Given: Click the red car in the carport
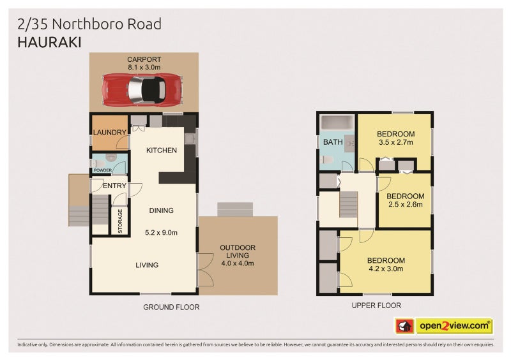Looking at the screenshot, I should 142,89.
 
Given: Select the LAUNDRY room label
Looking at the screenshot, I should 109,132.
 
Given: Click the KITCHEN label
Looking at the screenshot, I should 161,151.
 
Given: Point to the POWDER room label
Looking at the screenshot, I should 102,170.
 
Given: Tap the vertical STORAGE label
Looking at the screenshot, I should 119,221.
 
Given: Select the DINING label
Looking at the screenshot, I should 161,210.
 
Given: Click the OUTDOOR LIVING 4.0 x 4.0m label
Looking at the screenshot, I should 237,255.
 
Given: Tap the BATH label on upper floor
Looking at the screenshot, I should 332,142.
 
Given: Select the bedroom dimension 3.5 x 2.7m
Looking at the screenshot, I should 395,142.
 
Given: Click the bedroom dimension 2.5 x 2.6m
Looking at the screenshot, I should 405,205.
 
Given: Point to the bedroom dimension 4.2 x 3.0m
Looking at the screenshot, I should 385,269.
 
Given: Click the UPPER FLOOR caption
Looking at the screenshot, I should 376,306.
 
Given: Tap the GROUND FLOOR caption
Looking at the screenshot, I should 171,307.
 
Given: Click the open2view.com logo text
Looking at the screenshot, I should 454,326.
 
